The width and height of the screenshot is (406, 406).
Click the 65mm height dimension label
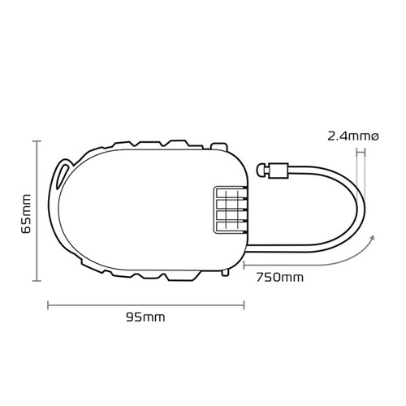(26, 213)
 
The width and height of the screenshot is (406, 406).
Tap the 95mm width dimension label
(145, 317)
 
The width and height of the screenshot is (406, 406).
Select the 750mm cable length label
(279, 277)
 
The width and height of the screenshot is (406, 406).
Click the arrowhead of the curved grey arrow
(371, 238)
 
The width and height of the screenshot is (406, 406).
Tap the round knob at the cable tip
(261, 170)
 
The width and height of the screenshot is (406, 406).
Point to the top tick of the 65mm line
(37, 141)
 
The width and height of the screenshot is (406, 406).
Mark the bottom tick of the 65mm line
(37, 281)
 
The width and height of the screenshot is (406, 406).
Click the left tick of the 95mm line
(49, 305)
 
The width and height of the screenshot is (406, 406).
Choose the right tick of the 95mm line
(243, 305)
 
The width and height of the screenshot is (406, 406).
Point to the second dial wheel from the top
(229, 206)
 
